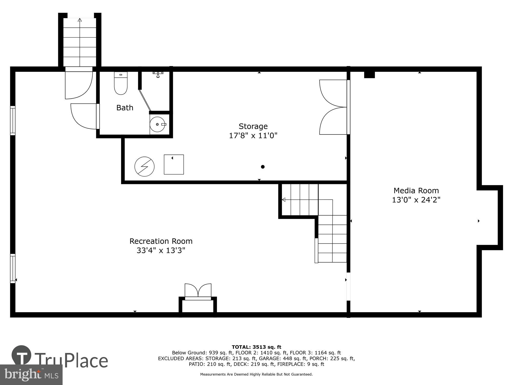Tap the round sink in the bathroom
pyautogui.click(x=157, y=124)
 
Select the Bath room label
pyautogui.click(x=125, y=108)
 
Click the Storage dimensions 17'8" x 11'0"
pyautogui.click(x=253, y=136)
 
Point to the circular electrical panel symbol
pyautogui.click(x=144, y=167)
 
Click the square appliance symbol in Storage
pyautogui.click(x=174, y=165)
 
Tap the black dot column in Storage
pyautogui.click(x=263, y=167)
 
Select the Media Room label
pyautogui.click(x=416, y=190)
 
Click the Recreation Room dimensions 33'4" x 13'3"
pyautogui.click(x=161, y=250)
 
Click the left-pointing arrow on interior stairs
pyautogui.click(x=284, y=200)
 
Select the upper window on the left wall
pyautogui.click(x=13, y=120)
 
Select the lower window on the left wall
pyautogui.click(x=13, y=268)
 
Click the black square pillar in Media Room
pyautogui.click(x=369, y=75)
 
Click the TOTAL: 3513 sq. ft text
pyautogui.click(x=256, y=347)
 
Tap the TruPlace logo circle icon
pyautogui.click(x=22, y=355)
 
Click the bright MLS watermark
pyautogui.click(x=31, y=375)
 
